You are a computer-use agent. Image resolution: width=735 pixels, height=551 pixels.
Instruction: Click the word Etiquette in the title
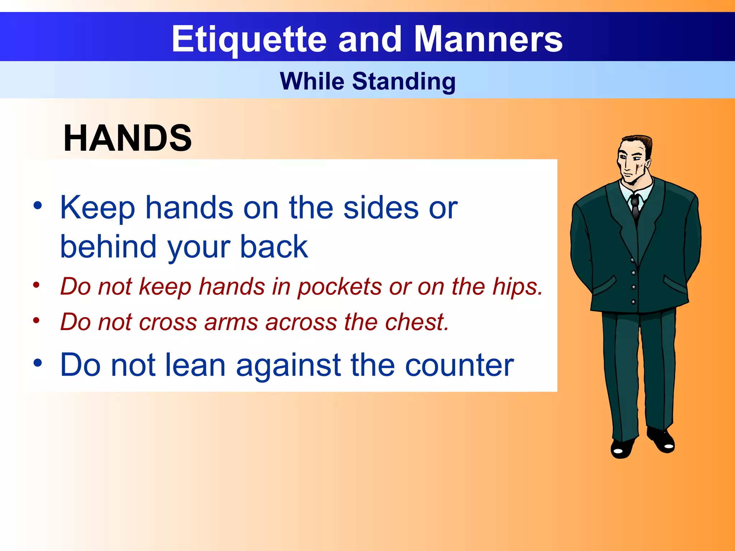(249, 39)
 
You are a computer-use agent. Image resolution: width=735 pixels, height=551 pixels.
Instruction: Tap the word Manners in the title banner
(488, 39)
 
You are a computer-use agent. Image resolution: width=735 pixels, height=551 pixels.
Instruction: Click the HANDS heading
(127, 138)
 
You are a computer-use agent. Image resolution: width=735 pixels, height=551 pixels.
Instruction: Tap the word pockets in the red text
(340, 287)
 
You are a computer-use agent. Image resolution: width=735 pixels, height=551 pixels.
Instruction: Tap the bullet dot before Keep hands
(38, 206)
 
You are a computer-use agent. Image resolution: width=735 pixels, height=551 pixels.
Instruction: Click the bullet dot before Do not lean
(38, 363)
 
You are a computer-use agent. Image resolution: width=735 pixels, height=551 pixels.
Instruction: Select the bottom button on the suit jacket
(633, 302)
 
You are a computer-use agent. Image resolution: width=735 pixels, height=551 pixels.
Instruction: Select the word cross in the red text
(168, 322)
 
